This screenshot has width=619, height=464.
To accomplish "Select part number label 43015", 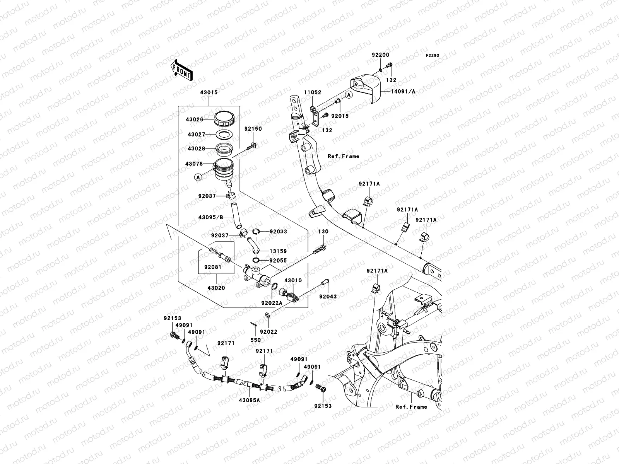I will click(x=209, y=93).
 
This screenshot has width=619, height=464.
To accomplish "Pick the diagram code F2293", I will click(x=433, y=56).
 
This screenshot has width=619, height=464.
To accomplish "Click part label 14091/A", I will click(x=404, y=92).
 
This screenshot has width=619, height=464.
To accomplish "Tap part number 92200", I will click(x=381, y=55).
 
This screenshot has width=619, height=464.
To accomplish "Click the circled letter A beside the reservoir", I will click(x=198, y=177).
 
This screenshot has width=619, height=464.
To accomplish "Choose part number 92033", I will click(x=278, y=232).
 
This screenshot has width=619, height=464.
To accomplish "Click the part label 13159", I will click(x=278, y=251).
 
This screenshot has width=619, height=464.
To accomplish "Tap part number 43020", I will click(x=216, y=288).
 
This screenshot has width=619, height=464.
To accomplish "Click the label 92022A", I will click(x=271, y=304).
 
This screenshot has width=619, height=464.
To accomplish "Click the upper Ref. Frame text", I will click(x=343, y=156).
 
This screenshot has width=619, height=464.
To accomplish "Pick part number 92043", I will click(x=328, y=297).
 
